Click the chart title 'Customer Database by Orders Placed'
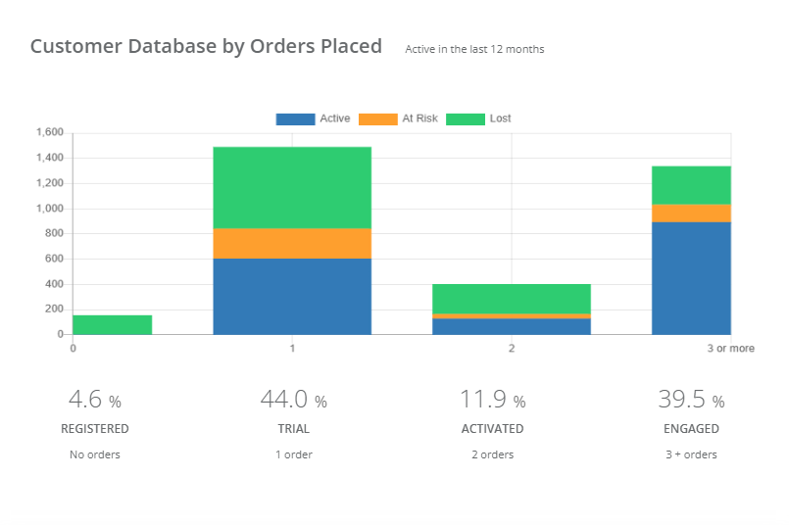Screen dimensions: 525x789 [x=206, y=46]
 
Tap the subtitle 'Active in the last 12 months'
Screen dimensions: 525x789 [x=474, y=49]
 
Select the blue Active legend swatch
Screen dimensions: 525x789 [x=295, y=119]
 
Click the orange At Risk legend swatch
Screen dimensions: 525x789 [x=377, y=119]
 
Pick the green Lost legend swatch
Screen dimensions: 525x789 [x=466, y=119]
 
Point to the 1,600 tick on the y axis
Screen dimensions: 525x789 [x=49, y=132]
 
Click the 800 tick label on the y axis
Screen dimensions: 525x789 [x=53, y=233]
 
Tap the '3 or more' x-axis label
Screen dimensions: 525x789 [x=731, y=348]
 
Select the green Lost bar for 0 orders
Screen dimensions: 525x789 [x=112, y=324]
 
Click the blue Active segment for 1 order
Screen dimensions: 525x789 [x=292, y=296]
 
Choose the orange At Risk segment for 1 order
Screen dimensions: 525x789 [x=292, y=243]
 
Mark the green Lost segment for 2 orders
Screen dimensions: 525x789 [x=512, y=299]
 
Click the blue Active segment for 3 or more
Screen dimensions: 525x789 [x=691, y=278]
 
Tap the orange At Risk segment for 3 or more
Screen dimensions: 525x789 [x=691, y=213]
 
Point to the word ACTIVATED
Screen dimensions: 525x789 [x=492, y=429]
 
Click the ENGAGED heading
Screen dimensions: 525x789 [x=691, y=429]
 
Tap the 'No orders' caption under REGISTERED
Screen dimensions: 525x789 [x=94, y=454]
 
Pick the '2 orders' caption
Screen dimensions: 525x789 [x=492, y=454]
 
